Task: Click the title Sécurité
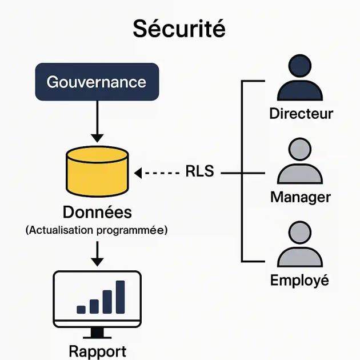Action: coord(179,29)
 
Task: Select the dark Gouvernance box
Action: coord(97,82)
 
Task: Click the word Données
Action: coord(97,213)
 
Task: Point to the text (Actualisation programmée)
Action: coord(97,230)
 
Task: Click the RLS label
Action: coord(199,171)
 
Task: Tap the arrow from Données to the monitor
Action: coord(97,254)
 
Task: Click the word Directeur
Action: coord(301,113)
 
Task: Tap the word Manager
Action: coord(301,198)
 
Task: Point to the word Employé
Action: coord(299,281)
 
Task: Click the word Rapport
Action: coord(97,351)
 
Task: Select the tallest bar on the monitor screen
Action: coord(120,297)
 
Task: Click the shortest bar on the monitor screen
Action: coord(81,309)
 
